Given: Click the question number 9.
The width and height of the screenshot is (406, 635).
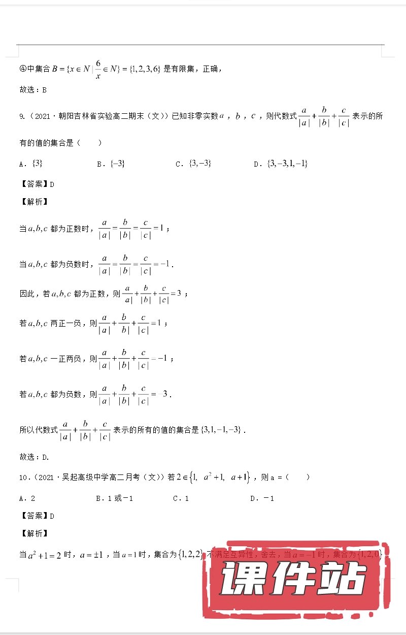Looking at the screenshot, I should (x=22, y=116).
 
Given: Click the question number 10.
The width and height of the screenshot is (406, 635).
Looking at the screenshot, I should (x=23, y=478).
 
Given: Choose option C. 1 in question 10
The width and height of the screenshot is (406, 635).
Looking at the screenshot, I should (x=181, y=498).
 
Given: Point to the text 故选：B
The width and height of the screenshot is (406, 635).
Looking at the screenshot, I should (x=33, y=90).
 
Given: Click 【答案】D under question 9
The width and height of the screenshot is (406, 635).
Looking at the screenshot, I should (x=37, y=184).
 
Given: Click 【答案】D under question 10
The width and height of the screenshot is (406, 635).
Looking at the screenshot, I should (x=37, y=516).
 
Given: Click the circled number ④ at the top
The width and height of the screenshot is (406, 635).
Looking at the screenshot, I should (x=23, y=69).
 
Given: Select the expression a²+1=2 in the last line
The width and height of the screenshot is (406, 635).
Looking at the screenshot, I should (x=44, y=555).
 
